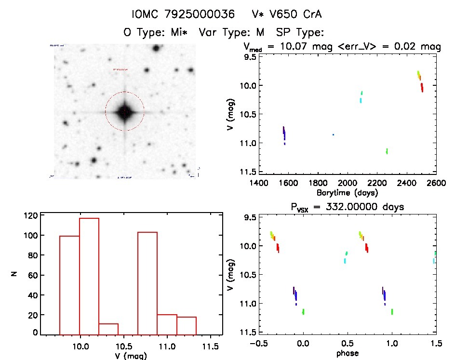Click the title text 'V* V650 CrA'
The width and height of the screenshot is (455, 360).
[287, 14]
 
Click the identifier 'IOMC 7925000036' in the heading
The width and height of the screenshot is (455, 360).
[184, 14]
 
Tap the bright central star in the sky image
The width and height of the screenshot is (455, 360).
[124, 112]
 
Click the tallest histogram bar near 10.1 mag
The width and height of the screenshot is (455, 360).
[89, 275]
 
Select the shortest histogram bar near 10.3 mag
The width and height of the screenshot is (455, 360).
[108, 328]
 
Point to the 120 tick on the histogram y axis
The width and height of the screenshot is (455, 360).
[32, 215]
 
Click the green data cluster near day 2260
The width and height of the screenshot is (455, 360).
[387, 151]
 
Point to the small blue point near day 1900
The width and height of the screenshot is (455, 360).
[333, 134]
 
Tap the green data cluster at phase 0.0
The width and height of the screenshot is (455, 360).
[303, 312]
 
